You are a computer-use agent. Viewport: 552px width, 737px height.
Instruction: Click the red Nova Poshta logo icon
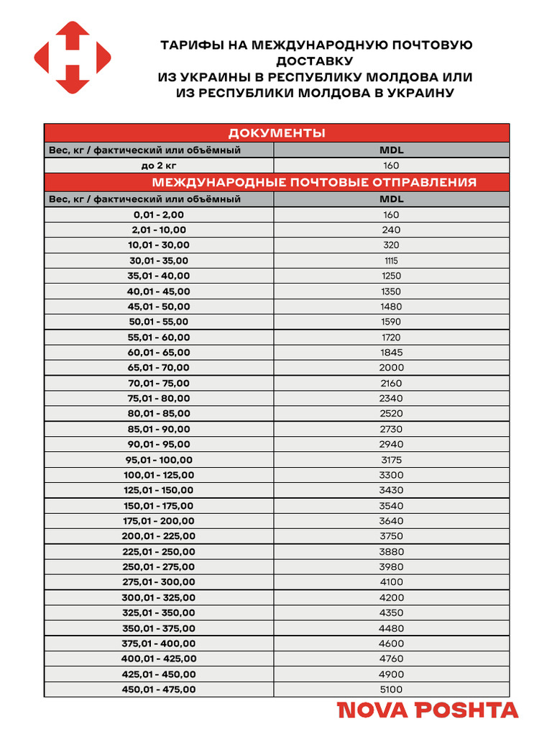(73, 58)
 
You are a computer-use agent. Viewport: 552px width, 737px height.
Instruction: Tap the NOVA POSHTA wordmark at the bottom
(428, 710)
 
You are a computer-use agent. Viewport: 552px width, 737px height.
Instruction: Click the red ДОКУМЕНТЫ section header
(277, 133)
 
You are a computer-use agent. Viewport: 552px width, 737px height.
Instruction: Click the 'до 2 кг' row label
(159, 166)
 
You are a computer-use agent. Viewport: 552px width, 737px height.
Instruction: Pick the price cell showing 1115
(392, 261)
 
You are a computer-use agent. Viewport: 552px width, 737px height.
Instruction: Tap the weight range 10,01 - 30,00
(159, 245)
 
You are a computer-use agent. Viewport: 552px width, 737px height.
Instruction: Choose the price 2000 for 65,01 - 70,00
(392, 368)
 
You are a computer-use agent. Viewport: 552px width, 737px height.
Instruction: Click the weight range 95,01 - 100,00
(159, 460)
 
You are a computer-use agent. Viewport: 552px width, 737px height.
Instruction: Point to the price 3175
(392, 460)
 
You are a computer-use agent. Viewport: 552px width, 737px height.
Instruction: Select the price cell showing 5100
(392, 689)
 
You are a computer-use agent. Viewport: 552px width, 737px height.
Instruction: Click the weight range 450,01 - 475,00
(159, 689)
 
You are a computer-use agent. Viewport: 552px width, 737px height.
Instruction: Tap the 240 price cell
(392, 230)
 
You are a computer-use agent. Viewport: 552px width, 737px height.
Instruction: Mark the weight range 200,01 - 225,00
(159, 536)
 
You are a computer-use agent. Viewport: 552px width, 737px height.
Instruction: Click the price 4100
(392, 582)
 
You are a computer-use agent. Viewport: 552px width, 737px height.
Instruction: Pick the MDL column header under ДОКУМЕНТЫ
(392, 150)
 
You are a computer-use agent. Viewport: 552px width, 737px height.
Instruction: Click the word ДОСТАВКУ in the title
(316, 61)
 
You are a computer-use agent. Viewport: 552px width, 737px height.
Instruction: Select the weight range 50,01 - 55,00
(159, 322)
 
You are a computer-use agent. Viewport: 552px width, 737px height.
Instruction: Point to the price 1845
(392, 353)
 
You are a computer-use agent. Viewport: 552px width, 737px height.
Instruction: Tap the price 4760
(392, 659)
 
